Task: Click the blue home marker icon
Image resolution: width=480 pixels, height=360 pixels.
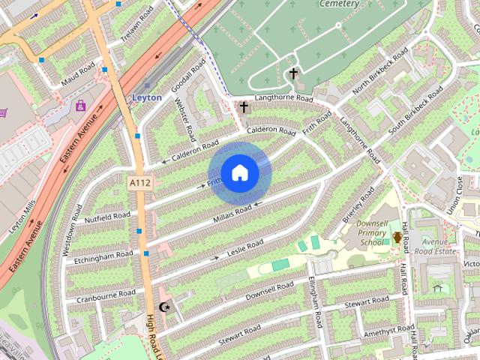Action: pyautogui.click(x=238, y=173)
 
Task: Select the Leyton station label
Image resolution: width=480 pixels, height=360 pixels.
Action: pyautogui.click(x=146, y=97)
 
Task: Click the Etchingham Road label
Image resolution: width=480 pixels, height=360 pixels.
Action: pyautogui.click(x=103, y=257)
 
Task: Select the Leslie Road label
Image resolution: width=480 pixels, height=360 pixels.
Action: pyautogui.click(x=245, y=245)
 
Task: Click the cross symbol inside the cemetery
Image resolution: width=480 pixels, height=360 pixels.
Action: pyautogui.click(x=293, y=73)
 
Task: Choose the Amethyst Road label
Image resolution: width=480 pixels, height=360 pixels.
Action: pyautogui.click(x=385, y=331)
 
